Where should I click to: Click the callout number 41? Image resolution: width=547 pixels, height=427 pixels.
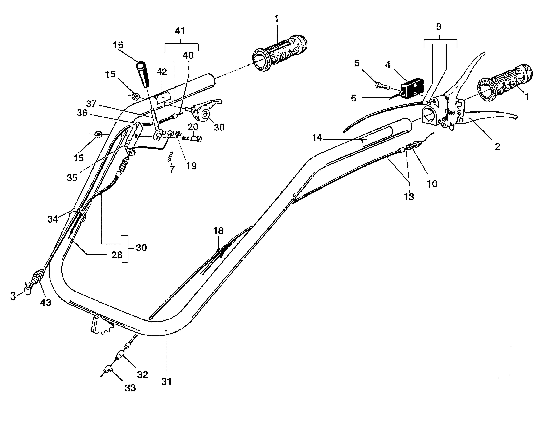pyautogui.click(x=180, y=31)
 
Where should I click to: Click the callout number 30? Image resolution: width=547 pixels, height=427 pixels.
pyautogui.click(x=141, y=248)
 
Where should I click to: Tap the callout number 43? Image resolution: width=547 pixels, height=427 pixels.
pyautogui.click(x=46, y=302)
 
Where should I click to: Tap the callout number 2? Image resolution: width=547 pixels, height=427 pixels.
pyautogui.click(x=497, y=146)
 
